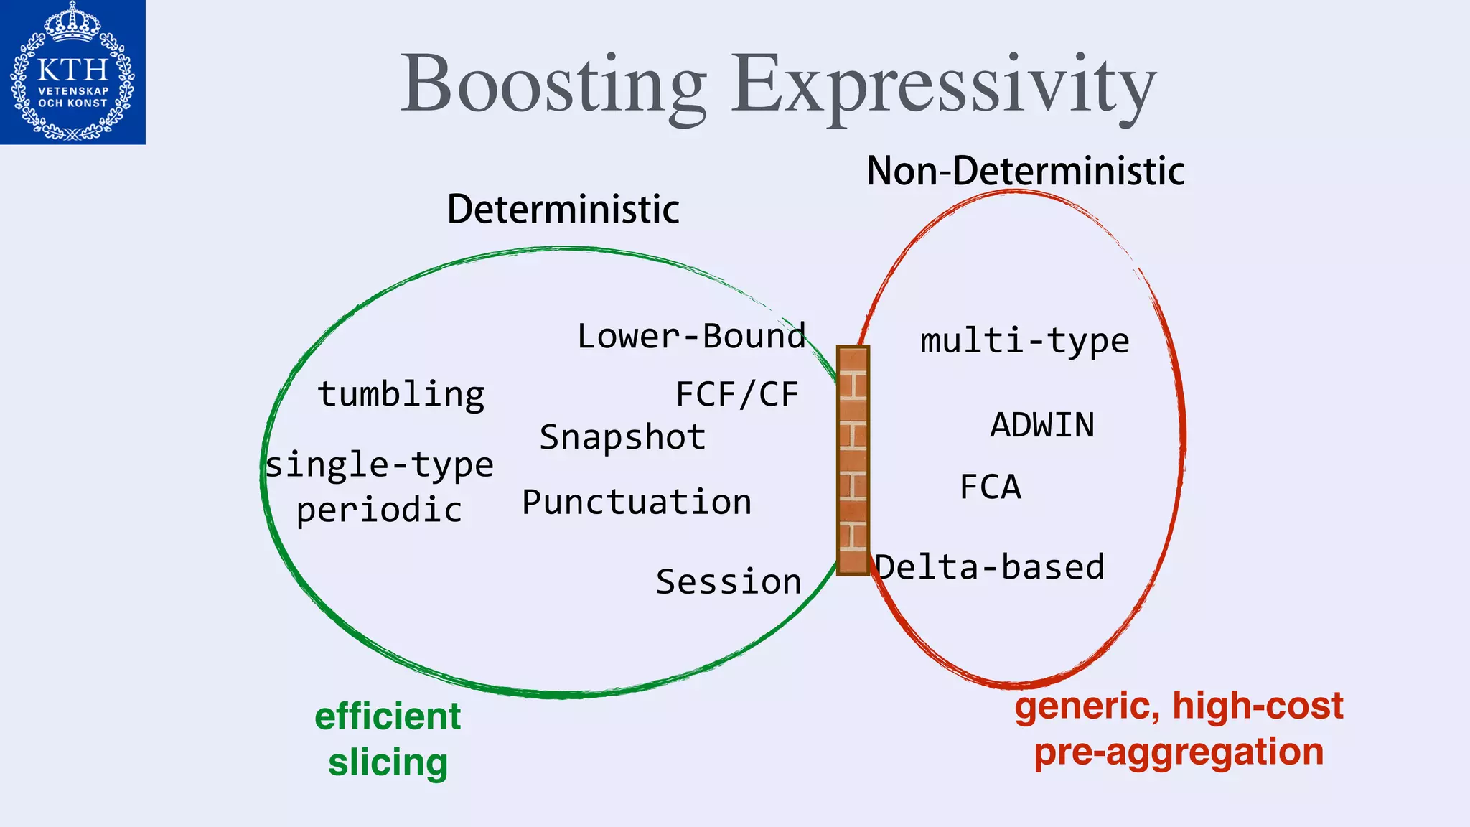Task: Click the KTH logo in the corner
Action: pyautogui.click(x=72, y=72)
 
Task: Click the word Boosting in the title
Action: pyautogui.click(x=553, y=85)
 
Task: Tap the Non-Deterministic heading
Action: pyautogui.click(x=1025, y=171)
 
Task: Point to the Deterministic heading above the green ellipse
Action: pyautogui.click(x=563, y=209)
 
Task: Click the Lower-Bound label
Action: pyautogui.click(x=691, y=337)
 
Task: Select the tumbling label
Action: pyautogui.click(x=401, y=395)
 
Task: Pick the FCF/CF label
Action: pyautogui.click(x=737, y=395)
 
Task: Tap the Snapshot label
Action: pyautogui.click(x=622, y=438)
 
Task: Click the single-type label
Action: pyautogui.click(x=380, y=465)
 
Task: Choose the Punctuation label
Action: pyautogui.click(x=637, y=503)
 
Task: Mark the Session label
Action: pyautogui.click(x=729, y=582)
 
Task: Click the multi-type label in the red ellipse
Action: pyautogui.click(x=1024, y=341)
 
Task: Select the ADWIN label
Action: pyautogui.click(x=1042, y=425)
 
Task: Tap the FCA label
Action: pyautogui.click(x=991, y=487)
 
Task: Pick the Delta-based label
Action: pyautogui.click(x=991, y=568)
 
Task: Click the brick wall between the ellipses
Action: pyautogui.click(x=853, y=460)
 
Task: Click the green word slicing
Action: pyautogui.click(x=388, y=762)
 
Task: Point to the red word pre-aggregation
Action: pyautogui.click(x=1179, y=752)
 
